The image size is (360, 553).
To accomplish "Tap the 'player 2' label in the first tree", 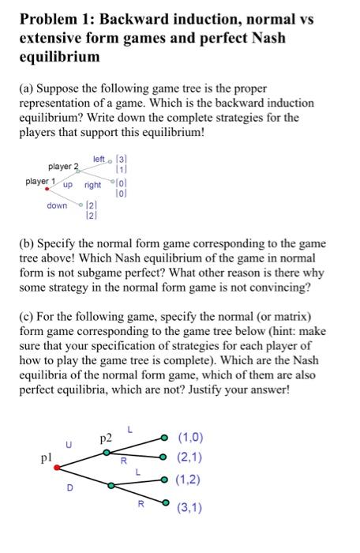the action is coord(65,167).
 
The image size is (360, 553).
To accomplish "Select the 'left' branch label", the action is coord(99,160).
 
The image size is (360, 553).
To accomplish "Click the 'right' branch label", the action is coord(93,185).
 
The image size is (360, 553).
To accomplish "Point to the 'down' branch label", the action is coord(57,205).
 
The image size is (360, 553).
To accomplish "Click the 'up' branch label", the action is coord(68,185).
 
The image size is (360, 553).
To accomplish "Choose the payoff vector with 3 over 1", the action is coord(120,164).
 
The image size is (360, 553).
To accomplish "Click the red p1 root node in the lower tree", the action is coord(55,467).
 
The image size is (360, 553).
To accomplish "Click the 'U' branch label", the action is coord(69,445).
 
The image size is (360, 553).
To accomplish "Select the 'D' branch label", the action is coord(69,488).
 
